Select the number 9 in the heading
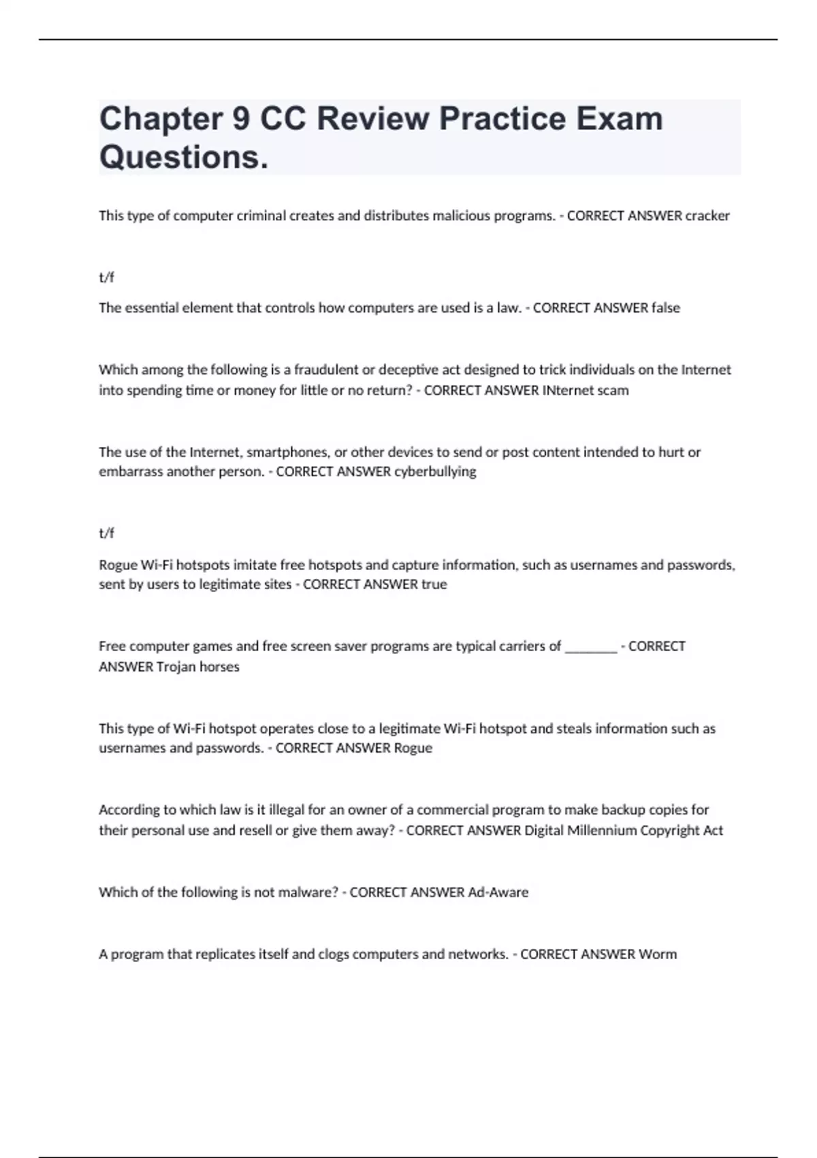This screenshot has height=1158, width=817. click(241, 119)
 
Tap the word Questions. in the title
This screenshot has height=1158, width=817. click(184, 157)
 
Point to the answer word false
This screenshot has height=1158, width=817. click(665, 308)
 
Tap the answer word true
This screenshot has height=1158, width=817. click(434, 584)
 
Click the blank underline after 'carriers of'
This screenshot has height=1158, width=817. click(591, 646)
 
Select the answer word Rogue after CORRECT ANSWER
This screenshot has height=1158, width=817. click(413, 748)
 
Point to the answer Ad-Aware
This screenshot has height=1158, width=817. click(498, 892)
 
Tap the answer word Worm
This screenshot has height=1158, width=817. click(657, 954)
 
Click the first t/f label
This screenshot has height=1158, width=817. click(106, 277)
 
